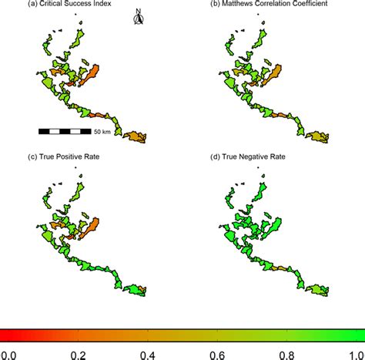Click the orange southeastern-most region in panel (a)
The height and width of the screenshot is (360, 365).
tap(136, 137)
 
